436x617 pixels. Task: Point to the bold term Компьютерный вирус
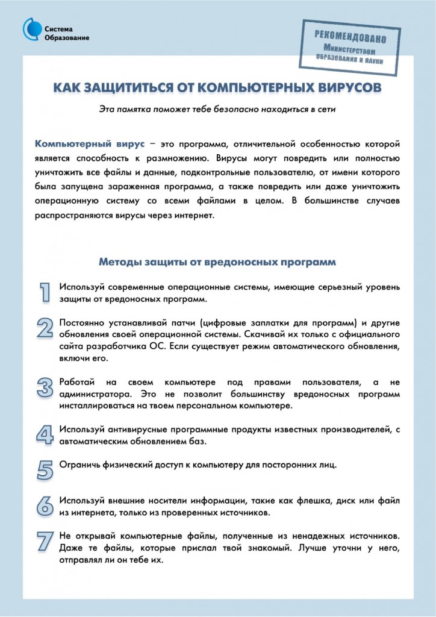click(x=90, y=145)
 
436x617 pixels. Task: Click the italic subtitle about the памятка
click(x=217, y=109)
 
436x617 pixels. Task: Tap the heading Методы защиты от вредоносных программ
click(x=217, y=262)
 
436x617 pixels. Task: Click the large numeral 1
click(x=45, y=292)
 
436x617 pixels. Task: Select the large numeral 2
click(x=45, y=328)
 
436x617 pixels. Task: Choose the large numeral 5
click(x=45, y=469)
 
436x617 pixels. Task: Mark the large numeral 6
click(x=45, y=506)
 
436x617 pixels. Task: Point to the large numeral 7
click(x=45, y=541)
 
